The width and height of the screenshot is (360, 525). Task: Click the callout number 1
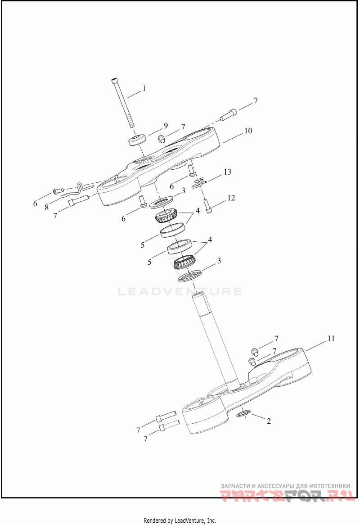pyautogui.click(x=144, y=89)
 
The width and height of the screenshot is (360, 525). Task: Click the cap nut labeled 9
pyautogui.click(x=136, y=140)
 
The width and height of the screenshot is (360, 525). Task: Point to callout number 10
pyautogui.click(x=247, y=131)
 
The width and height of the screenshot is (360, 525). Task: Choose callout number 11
pyautogui.click(x=330, y=339)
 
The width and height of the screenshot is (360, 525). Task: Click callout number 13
pyautogui.click(x=227, y=172)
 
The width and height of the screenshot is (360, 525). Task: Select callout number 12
pyautogui.click(x=231, y=198)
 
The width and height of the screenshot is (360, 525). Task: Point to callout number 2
pyautogui.click(x=269, y=421)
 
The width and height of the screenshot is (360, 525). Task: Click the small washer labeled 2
pyautogui.click(x=244, y=412)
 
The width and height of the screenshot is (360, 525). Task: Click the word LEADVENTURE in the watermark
pyautogui.click(x=180, y=292)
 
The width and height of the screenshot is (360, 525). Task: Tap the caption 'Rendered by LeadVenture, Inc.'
pyautogui.click(x=180, y=520)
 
